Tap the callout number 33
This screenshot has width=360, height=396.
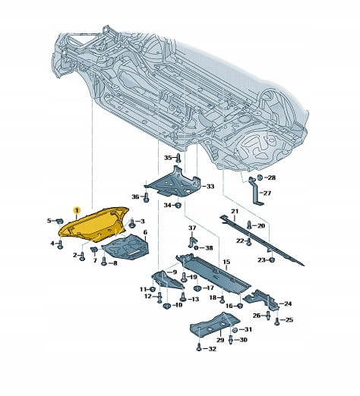pyautogui.click(x=210, y=187)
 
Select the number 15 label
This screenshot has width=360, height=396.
pyautogui.click(x=226, y=262)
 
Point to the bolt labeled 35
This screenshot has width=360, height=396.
pyautogui.click(x=178, y=158)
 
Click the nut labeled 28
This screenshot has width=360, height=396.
pyautogui.click(x=260, y=178)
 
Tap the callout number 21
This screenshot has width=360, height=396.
pyautogui.click(x=235, y=211)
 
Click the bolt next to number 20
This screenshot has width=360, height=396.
pyautogui.click(x=249, y=225)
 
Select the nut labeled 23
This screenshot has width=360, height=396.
pyautogui.click(x=272, y=259)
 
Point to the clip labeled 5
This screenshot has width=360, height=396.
pyautogui.click(x=59, y=221)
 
